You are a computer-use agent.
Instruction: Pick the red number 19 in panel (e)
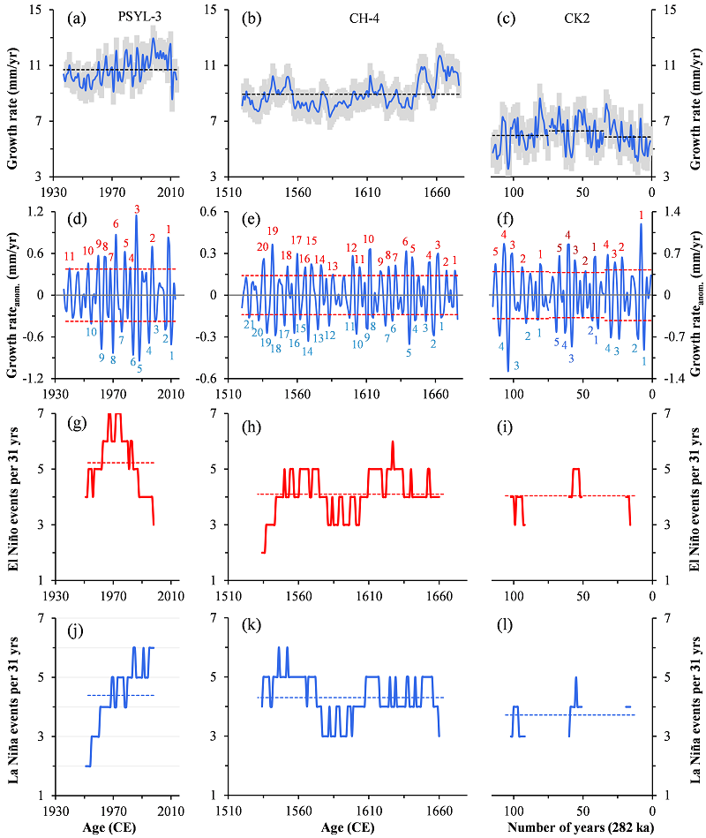(273, 230)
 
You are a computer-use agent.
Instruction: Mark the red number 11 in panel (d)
(69, 256)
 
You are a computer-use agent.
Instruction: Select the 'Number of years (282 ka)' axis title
(582, 828)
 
